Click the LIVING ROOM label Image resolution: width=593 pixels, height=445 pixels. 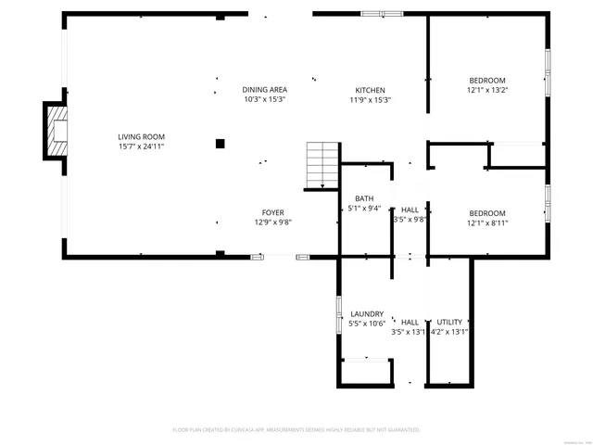(142, 136)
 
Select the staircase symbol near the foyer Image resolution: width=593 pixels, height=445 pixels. (322, 165)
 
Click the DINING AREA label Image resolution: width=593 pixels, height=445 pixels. (264, 90)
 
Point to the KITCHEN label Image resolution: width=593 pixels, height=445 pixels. (370, 90)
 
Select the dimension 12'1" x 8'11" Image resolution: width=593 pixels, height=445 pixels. (486, 222)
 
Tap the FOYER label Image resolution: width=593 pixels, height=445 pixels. (272, 212)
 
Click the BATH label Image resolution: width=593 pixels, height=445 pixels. (364, 198)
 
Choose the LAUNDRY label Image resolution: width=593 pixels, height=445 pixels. (367, 314)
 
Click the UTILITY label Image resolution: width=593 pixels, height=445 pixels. (449, 322)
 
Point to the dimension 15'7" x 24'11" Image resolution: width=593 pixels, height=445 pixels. (142, 146)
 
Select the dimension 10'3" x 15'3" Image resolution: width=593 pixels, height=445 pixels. (264, 99)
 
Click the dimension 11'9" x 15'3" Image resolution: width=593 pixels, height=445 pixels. (370, 99)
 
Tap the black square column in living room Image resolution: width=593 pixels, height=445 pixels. (221, 143)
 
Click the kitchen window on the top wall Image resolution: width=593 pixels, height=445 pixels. (382, 14)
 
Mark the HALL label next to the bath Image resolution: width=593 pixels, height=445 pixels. (409, 210)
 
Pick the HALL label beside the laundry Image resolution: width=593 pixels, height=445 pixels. (409, 322)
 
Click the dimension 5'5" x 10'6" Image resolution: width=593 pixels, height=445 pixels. (367, 324)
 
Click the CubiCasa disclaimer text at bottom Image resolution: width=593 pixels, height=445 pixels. (296, 430)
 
